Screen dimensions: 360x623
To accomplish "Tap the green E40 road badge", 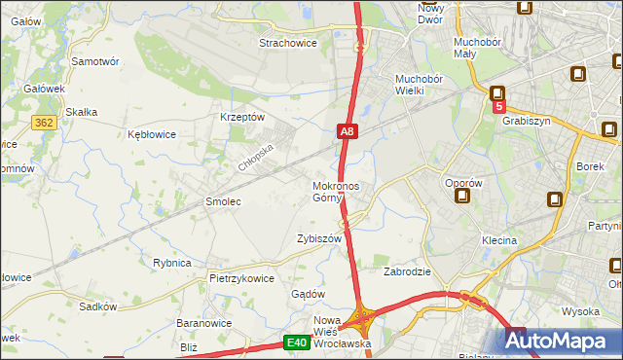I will click(x=297, y=342).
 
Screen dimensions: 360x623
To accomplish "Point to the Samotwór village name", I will click(x=95, y=60).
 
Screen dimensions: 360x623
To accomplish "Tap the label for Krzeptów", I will click(x=243, y=117).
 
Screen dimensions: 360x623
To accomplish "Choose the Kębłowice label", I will click(x=152, y=134).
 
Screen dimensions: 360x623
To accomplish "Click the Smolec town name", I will click(x=222, y=201).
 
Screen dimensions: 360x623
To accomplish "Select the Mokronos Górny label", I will click(x=336, y=192).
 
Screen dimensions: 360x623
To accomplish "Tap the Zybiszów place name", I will click(x=318, y=238).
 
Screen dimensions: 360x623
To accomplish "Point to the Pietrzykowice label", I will click(x=241, y=278).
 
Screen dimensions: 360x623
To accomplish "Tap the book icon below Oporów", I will click(x=461, y=197).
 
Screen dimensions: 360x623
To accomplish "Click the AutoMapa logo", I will click(x=562, y=341).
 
